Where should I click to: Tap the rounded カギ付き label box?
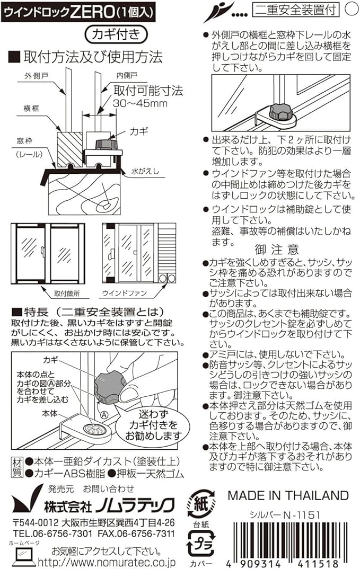114,34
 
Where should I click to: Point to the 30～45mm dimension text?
140,103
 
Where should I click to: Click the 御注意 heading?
277,249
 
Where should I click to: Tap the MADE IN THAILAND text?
288,496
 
